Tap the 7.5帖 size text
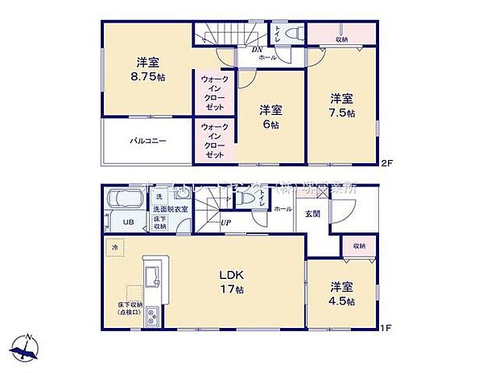click(341, 113)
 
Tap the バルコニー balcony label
click(148, 141)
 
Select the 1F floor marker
click(386, 328)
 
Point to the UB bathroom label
click(127, 223)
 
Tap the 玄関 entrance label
click(312, 213)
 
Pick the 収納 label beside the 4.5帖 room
click(357, 246)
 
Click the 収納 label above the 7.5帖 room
click(341, 39)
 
